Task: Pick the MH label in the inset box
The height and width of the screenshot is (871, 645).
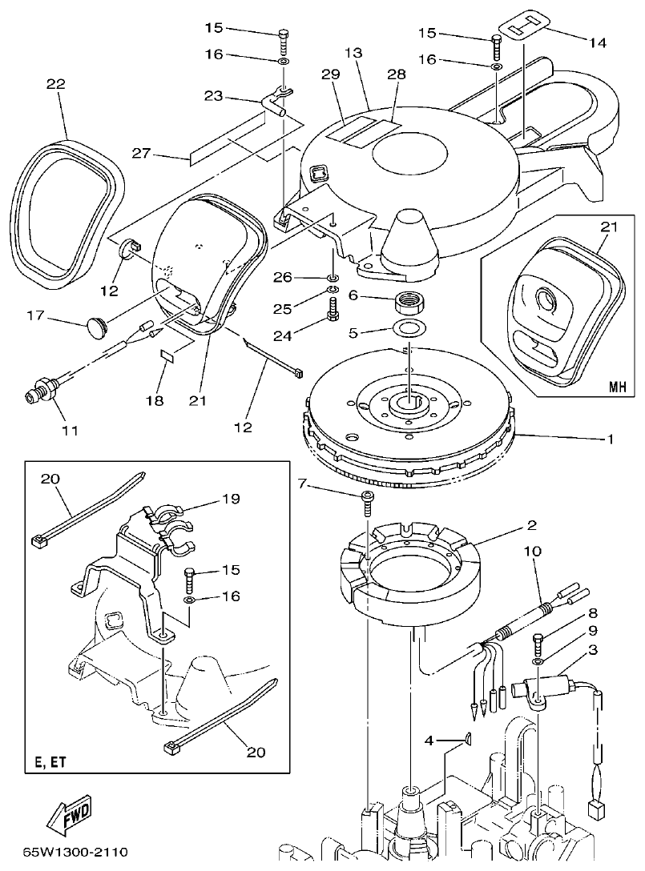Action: [x=615, y=387]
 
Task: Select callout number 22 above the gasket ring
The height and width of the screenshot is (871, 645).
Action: [x=57, y=84]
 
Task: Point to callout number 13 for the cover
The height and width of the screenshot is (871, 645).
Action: [x=354, y=53]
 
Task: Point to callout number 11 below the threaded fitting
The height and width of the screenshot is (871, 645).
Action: [x=70, y=431]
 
